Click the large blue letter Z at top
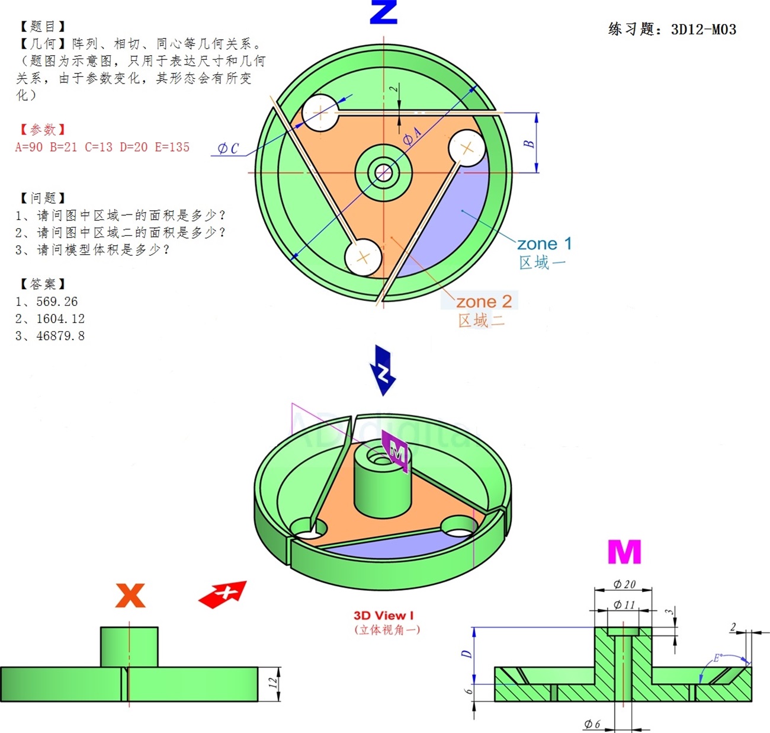pyautogui.click(x=383, y=12)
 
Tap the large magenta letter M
pyautogui.click(x=624, y=552)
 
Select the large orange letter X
pyautogui.click(x=130, y=596)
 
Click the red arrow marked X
pyautogui.click(x=223, y=594)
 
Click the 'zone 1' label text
pyautogui.click(x=544, y=244)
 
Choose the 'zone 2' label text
pyautogui.click(x=483, y=302)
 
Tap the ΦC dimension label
pyautogui.click(x=228, y=148)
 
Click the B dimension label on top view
pyautogui.click(x=529, y=143)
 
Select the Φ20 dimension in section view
pyautogui.click(x=624, y=584)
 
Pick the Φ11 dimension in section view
pyautogui.click(x=624, y=604)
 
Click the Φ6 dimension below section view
pyautogui.click(x=592, y=724)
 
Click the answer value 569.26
pyautogui.click(x=57, y=302)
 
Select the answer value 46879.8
pyautogui.click(x=60, y=336)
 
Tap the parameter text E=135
pyautogui.click(x=172, y=147)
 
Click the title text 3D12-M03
pyautogui.click(x=704, y=29)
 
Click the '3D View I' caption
pyautogui.click(x=384, y=616)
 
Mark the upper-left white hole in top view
pyautogui.click(x=320, y=112)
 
